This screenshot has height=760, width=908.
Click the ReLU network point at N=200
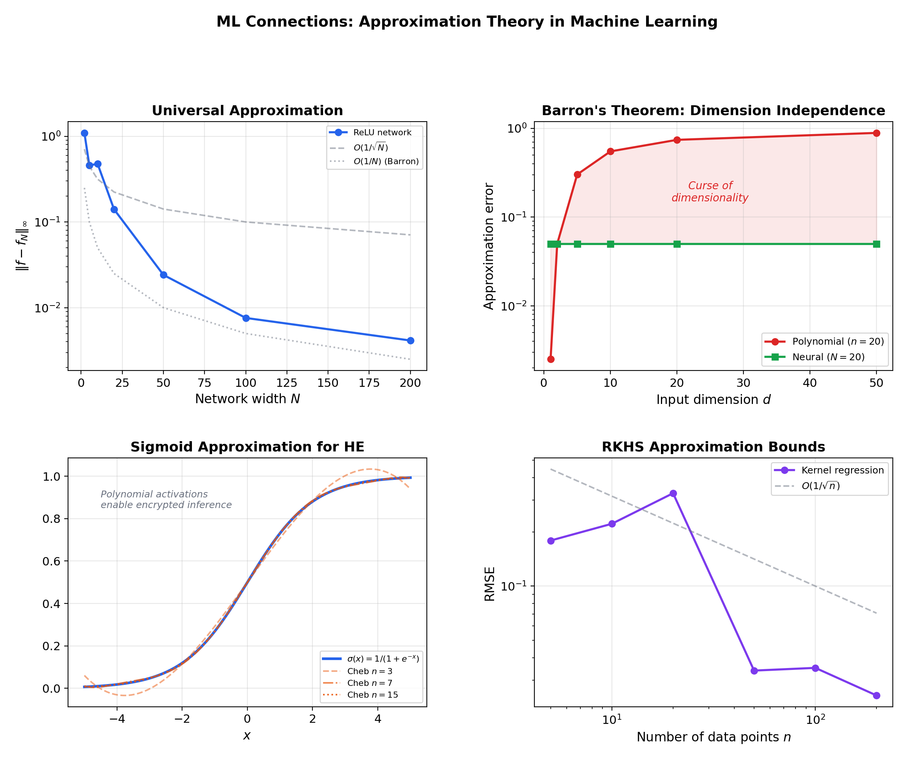pos(410,340)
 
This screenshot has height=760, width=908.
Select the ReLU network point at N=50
pos(163,275)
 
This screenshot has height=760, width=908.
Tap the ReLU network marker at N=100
pos(246,318)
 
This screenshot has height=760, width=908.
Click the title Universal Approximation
pos(247,111)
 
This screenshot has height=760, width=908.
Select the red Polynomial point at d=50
pos(876,133)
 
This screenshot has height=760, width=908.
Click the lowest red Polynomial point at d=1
pos(551,359)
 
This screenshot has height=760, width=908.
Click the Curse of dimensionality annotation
pos(710,192)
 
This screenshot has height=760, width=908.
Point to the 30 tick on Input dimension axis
pos(743,383)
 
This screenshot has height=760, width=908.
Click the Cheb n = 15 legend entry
pos(372,695)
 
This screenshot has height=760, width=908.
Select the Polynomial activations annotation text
pos(166,499)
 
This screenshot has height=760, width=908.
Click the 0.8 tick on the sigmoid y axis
pos(51,519)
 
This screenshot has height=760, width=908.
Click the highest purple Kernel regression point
pos(673,494)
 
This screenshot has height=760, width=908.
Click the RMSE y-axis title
pos(489,584)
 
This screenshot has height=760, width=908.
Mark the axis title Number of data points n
pos(713,737)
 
